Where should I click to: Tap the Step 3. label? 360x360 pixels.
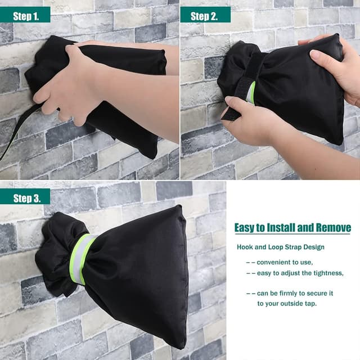(x=26, y=197)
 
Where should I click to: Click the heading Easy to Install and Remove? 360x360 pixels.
(x=292, y=228)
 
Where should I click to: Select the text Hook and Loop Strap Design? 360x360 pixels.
(x=280, y=247)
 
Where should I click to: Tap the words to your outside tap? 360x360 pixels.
(x=287, y=303)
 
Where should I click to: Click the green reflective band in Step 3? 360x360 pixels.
(x=83, y=259)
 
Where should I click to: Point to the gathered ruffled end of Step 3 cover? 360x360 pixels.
(x=53, y=253)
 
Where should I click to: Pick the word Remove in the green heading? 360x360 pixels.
(x=332, y=228)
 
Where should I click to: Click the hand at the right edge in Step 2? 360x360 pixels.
(x=337, y=67)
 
